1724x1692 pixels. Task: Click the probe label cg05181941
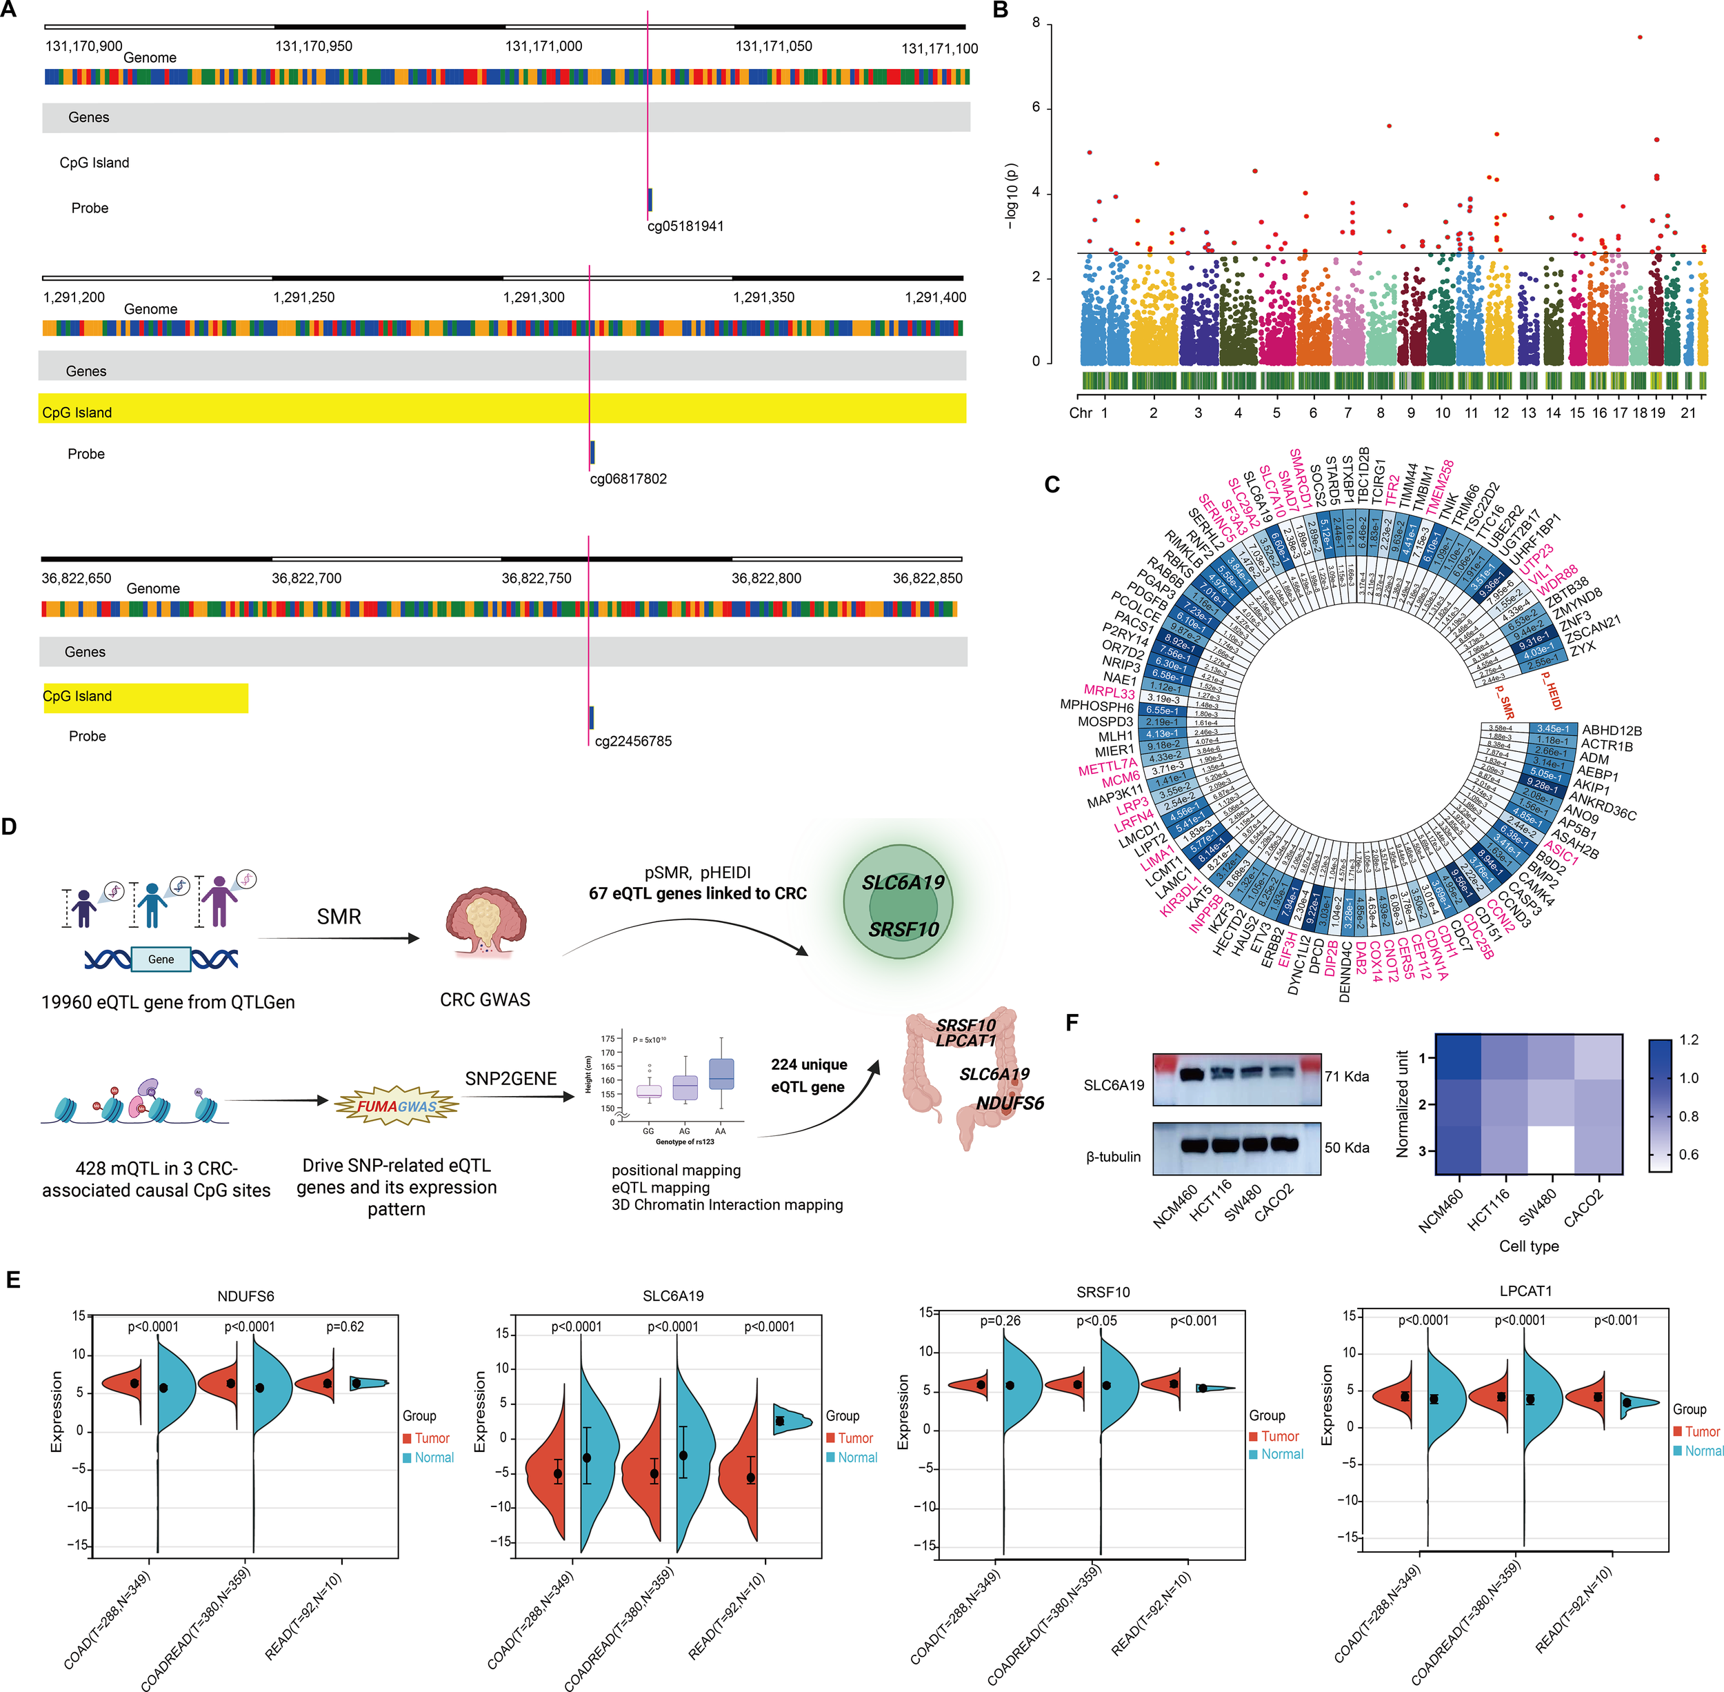(x=685, y=226)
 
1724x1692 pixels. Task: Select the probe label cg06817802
(x=628, y=479)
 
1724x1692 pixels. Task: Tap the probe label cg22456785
(x=633, y=741)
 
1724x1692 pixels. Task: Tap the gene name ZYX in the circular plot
(x=1583, y=648)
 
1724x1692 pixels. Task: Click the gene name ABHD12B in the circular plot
(x=1611, y=730)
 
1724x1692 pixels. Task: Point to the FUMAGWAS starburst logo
(x=397, y=1106)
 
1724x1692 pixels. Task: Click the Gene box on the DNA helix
(x=161, y=959)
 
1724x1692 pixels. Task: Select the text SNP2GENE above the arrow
(x=510, y=1078)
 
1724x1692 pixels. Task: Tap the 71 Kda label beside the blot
(x=1346, y=1076)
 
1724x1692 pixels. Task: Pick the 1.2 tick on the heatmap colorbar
(x=1688, y=1039)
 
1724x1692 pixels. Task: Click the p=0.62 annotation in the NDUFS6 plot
(x=345, y=1326)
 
